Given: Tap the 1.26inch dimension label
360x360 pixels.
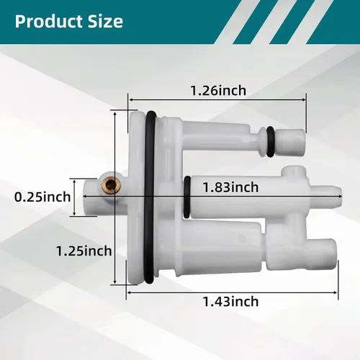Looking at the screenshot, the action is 218,91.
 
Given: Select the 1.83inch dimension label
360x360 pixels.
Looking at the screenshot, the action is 230,187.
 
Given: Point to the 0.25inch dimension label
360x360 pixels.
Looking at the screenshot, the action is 42,197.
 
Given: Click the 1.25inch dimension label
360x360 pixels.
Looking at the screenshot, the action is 84,251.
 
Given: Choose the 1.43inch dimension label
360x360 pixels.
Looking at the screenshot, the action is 230,302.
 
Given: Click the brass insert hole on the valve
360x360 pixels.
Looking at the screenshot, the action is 111,184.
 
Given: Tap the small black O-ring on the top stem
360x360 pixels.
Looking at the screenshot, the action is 270,142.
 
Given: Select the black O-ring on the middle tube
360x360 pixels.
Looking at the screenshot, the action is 187,197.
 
